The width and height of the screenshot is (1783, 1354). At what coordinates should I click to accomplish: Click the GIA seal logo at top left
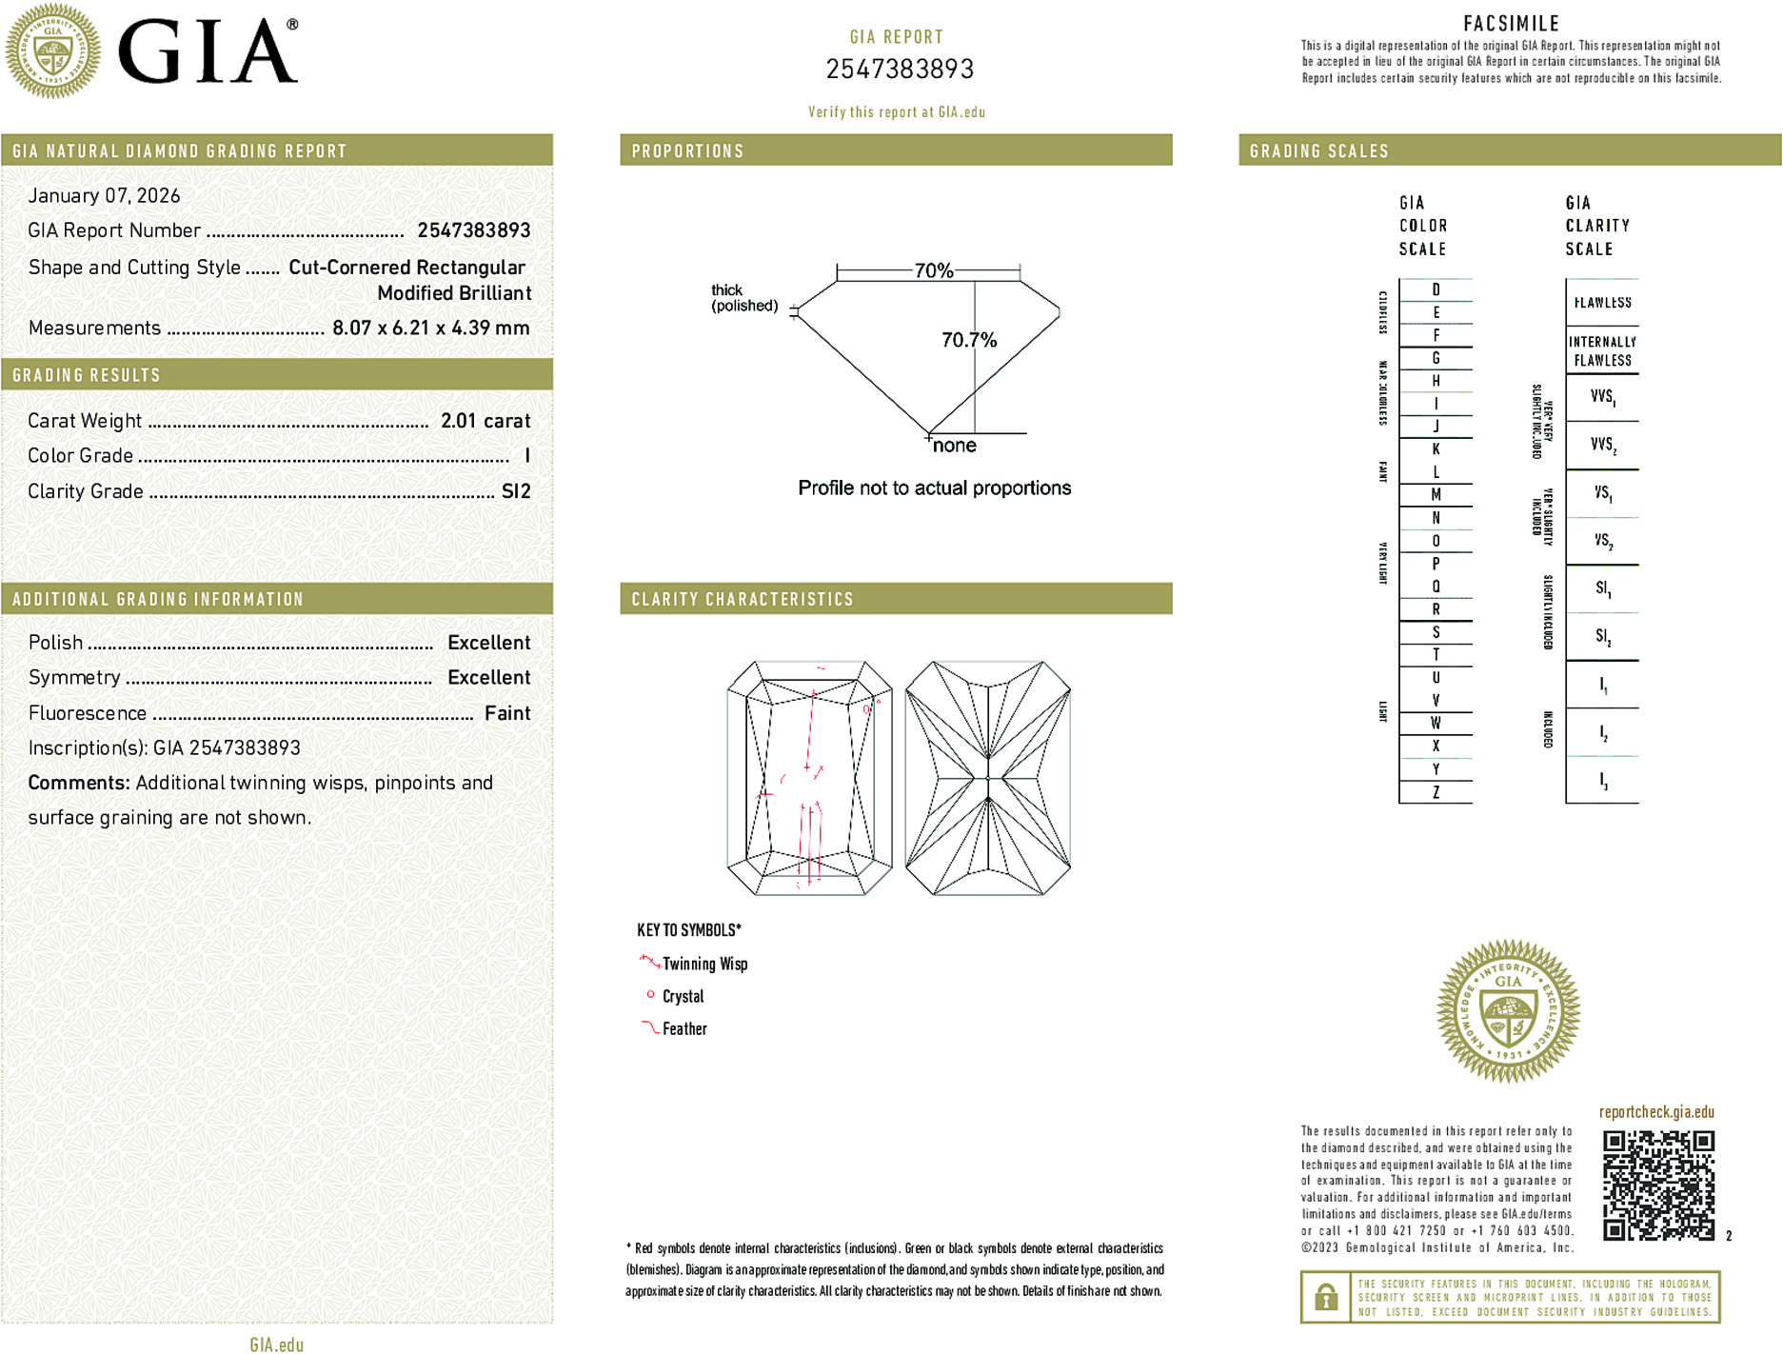52,51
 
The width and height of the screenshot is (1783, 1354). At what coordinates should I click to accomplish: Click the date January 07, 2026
104,195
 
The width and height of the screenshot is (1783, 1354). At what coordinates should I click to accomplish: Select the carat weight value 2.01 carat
485,421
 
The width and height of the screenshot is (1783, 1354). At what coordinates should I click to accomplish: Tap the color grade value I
526,456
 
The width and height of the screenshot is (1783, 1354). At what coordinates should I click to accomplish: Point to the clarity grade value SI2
515,491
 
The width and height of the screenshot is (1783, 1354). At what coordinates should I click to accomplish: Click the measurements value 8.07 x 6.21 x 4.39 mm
430,328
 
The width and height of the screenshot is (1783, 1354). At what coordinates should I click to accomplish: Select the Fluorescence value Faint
506,713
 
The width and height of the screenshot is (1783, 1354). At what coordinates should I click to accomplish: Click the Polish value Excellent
488,643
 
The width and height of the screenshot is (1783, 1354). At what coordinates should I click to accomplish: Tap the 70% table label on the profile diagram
933,270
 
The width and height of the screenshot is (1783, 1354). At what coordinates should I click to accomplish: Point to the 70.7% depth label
968,340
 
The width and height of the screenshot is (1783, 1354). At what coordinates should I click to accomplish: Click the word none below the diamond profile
954,446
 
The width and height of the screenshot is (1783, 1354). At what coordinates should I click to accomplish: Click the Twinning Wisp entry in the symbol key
704,964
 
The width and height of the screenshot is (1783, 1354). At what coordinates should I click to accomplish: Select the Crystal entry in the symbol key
683,996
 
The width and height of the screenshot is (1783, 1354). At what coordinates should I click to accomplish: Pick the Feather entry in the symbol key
684,1028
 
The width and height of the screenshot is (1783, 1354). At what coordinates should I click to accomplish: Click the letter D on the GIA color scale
1436,289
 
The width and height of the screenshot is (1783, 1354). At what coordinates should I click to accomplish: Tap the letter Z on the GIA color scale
1436,792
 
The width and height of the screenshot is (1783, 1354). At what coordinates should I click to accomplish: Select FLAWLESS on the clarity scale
1602,303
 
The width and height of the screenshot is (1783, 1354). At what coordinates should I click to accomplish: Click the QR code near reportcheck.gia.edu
1657,1185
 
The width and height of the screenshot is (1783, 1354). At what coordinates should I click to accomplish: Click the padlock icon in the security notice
1325,1297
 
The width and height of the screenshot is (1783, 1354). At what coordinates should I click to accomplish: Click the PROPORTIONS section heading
687,151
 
